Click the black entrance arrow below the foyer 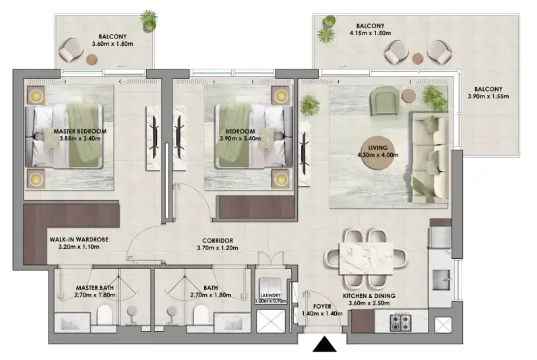324,344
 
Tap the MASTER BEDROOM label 80,131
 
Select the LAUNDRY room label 270,295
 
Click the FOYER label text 322,306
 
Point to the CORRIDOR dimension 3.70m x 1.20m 218,248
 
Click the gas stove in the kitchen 401,322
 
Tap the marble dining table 366,258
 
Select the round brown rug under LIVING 377,152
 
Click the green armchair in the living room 384,100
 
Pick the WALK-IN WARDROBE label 79,239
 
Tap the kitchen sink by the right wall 441,280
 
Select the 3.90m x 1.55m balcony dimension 488,96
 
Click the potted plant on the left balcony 149,20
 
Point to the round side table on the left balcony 92,59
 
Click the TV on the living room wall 304,153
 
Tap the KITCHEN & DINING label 369,295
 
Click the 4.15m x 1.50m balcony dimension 370,33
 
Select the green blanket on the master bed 85,136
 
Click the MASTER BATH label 95,288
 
